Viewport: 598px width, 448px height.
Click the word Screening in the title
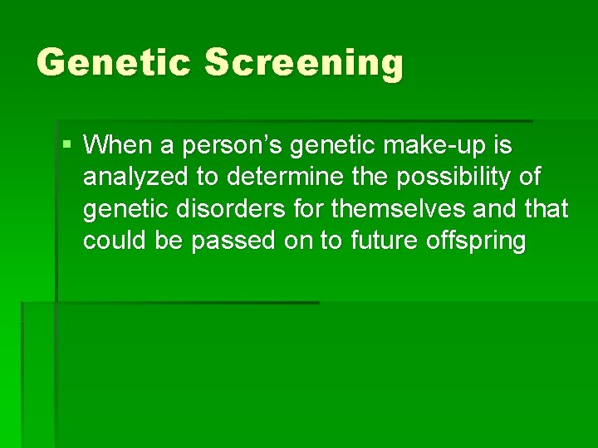click(x=304, y=64)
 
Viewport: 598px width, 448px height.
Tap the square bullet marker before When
click(x=66, y=145)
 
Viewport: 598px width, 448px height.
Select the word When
click(x=117, y=145)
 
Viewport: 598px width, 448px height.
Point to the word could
click(x=110, y=241)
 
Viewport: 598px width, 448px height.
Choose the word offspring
click(x=478, y=241)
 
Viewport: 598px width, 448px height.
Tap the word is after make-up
click(x=502, y=145)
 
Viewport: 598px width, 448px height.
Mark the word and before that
click(x=497, y=209)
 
